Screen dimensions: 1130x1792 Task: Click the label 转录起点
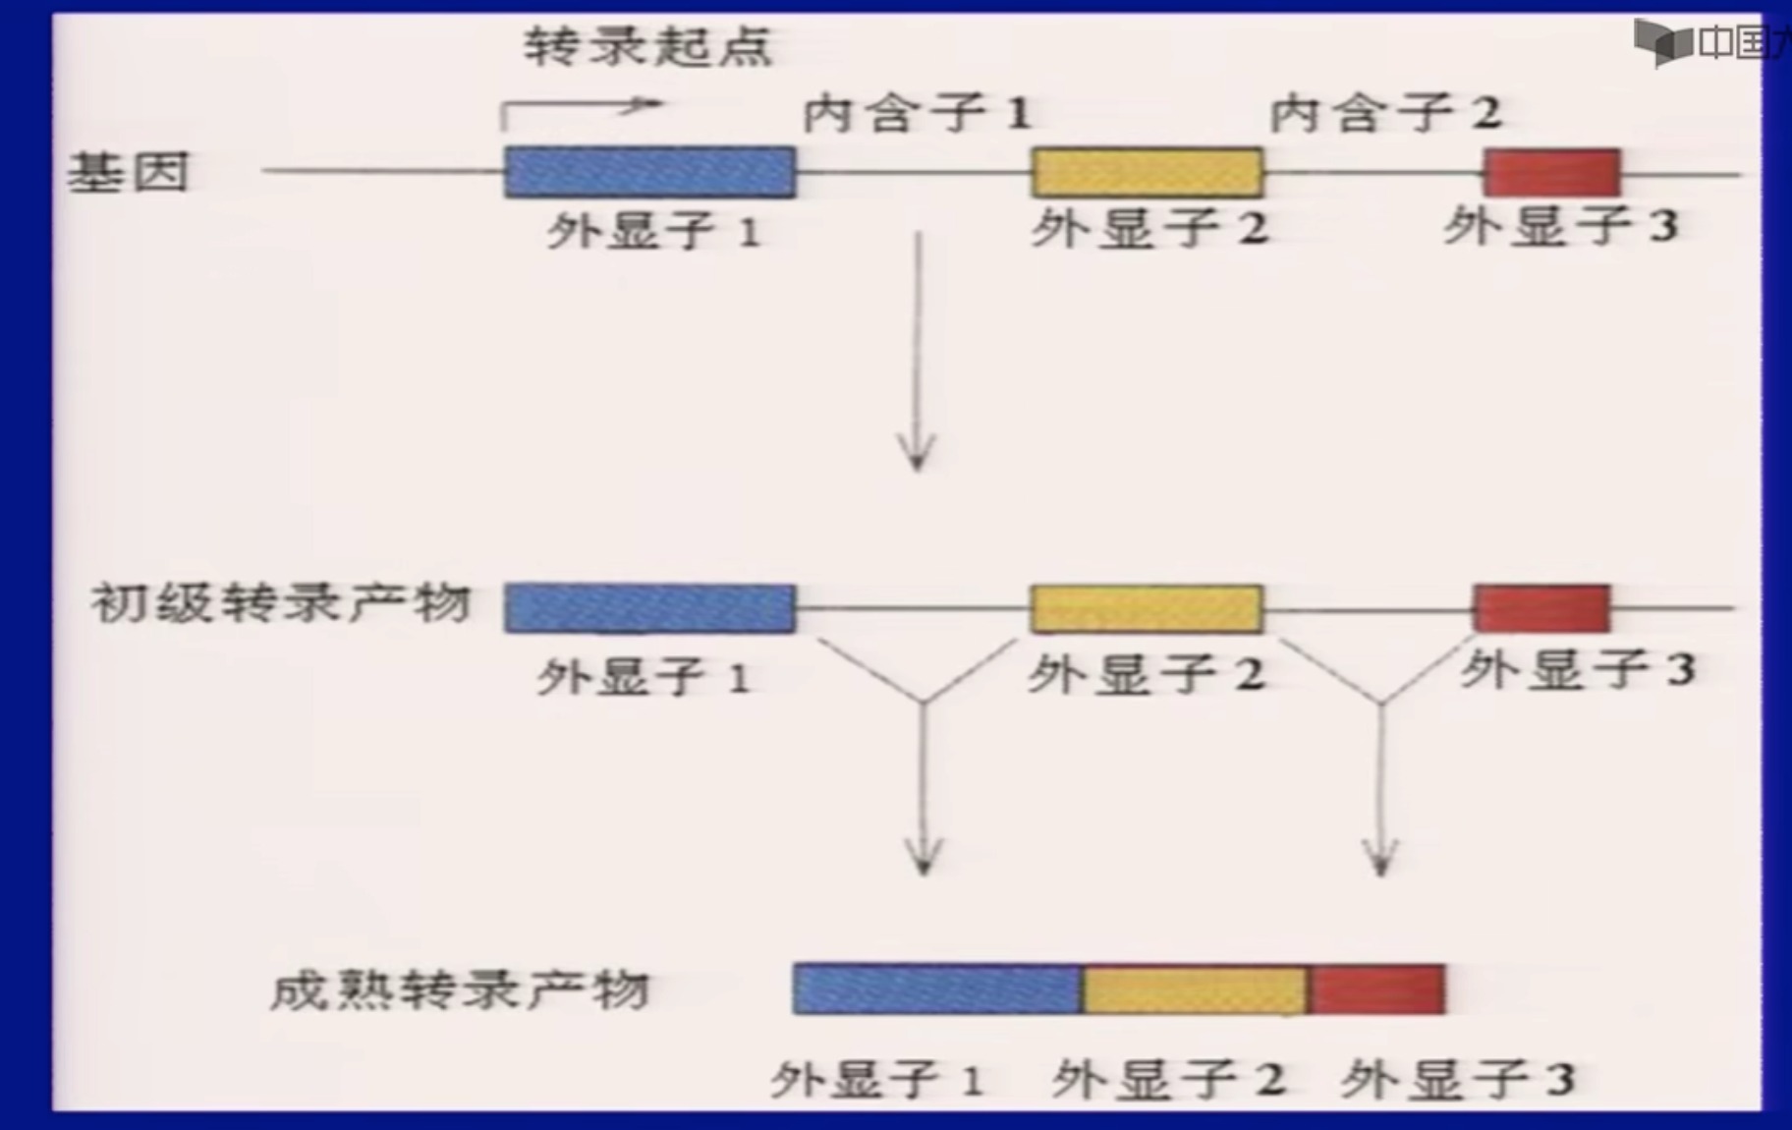click(647, 46)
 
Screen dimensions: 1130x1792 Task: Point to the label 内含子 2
click(1385, 114)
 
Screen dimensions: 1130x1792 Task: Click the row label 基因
click(128, 173)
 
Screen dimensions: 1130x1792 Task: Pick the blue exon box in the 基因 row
click(649, 172)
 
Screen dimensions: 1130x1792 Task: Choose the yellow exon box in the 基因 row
click(1147, 173)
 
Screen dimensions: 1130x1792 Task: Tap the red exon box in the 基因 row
click(1551, 173)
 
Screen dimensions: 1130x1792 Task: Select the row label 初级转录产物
click(281, 602)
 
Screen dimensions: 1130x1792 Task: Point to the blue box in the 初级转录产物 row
click(649, 608)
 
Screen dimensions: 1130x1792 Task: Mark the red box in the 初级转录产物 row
click(1541, 608)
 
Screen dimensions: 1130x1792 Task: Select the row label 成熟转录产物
click(459, 989)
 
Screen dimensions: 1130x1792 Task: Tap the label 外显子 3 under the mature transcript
click(1458, 1080)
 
